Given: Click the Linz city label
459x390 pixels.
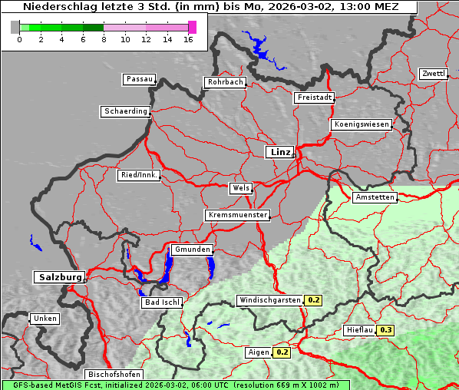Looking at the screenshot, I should [279, 152].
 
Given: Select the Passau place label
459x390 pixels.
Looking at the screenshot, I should [139, 79].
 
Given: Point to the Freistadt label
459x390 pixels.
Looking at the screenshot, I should [314, 97].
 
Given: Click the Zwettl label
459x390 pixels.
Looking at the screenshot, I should [433, 74].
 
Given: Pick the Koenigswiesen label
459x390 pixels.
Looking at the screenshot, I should [362, 124].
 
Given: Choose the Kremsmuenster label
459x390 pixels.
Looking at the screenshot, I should [238, 215].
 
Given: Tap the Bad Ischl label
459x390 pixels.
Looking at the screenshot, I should [162, 302].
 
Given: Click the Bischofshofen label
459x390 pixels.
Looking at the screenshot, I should [113, 374].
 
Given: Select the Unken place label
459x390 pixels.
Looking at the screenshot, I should [45, 319].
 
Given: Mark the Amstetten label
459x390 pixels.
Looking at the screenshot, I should [375, 197].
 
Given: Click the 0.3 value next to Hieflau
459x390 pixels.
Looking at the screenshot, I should [385, 330].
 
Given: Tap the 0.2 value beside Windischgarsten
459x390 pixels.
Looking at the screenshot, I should [314, 300].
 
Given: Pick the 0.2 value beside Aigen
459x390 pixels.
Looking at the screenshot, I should [282, 352].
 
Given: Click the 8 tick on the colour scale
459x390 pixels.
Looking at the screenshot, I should [104, 38].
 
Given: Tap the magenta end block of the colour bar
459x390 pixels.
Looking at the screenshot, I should [192, 27].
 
